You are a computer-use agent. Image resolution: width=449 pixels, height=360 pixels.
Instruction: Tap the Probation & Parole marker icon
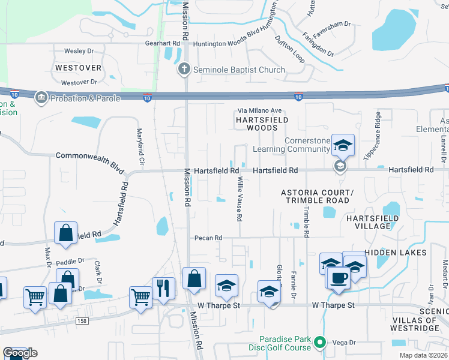pos(41,97)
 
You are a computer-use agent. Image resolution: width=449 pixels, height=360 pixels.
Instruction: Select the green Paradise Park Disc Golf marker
pos(320,343)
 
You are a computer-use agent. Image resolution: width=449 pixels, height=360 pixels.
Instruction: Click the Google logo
pos(20,353)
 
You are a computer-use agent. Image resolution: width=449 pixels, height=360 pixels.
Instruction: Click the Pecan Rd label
pos(208,238)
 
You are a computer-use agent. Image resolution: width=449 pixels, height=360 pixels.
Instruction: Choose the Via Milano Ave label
pos(260,110)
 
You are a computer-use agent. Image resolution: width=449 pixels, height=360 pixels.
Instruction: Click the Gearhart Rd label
pos(162,44)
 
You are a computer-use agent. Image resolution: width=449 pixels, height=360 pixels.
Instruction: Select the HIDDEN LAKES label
pos(396,253)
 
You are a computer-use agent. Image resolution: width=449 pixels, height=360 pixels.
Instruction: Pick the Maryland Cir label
pos(140,147)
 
